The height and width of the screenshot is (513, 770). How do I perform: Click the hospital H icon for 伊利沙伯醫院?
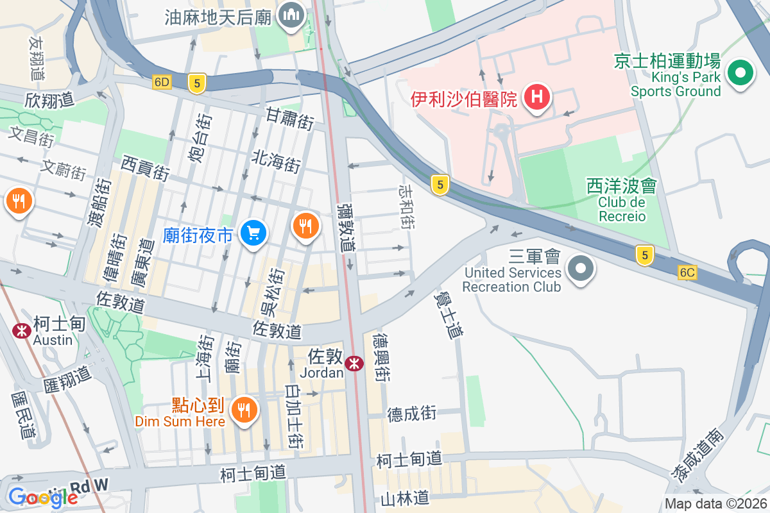click(537, 98)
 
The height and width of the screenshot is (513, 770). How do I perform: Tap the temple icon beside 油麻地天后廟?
click(290, 16)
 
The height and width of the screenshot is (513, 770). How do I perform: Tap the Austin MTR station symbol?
click(21, 331)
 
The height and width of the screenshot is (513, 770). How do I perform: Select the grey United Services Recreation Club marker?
click(582, 268)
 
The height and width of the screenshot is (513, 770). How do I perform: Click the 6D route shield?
click(162, 82)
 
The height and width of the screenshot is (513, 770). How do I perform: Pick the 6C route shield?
click(687, 273)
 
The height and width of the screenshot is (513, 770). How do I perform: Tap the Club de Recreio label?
click(622, 209)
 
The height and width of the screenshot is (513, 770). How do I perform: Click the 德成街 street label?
click(412, 414)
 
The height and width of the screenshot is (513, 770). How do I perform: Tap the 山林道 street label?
click(404, 498)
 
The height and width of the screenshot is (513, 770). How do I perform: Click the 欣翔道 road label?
click(49, 99)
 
